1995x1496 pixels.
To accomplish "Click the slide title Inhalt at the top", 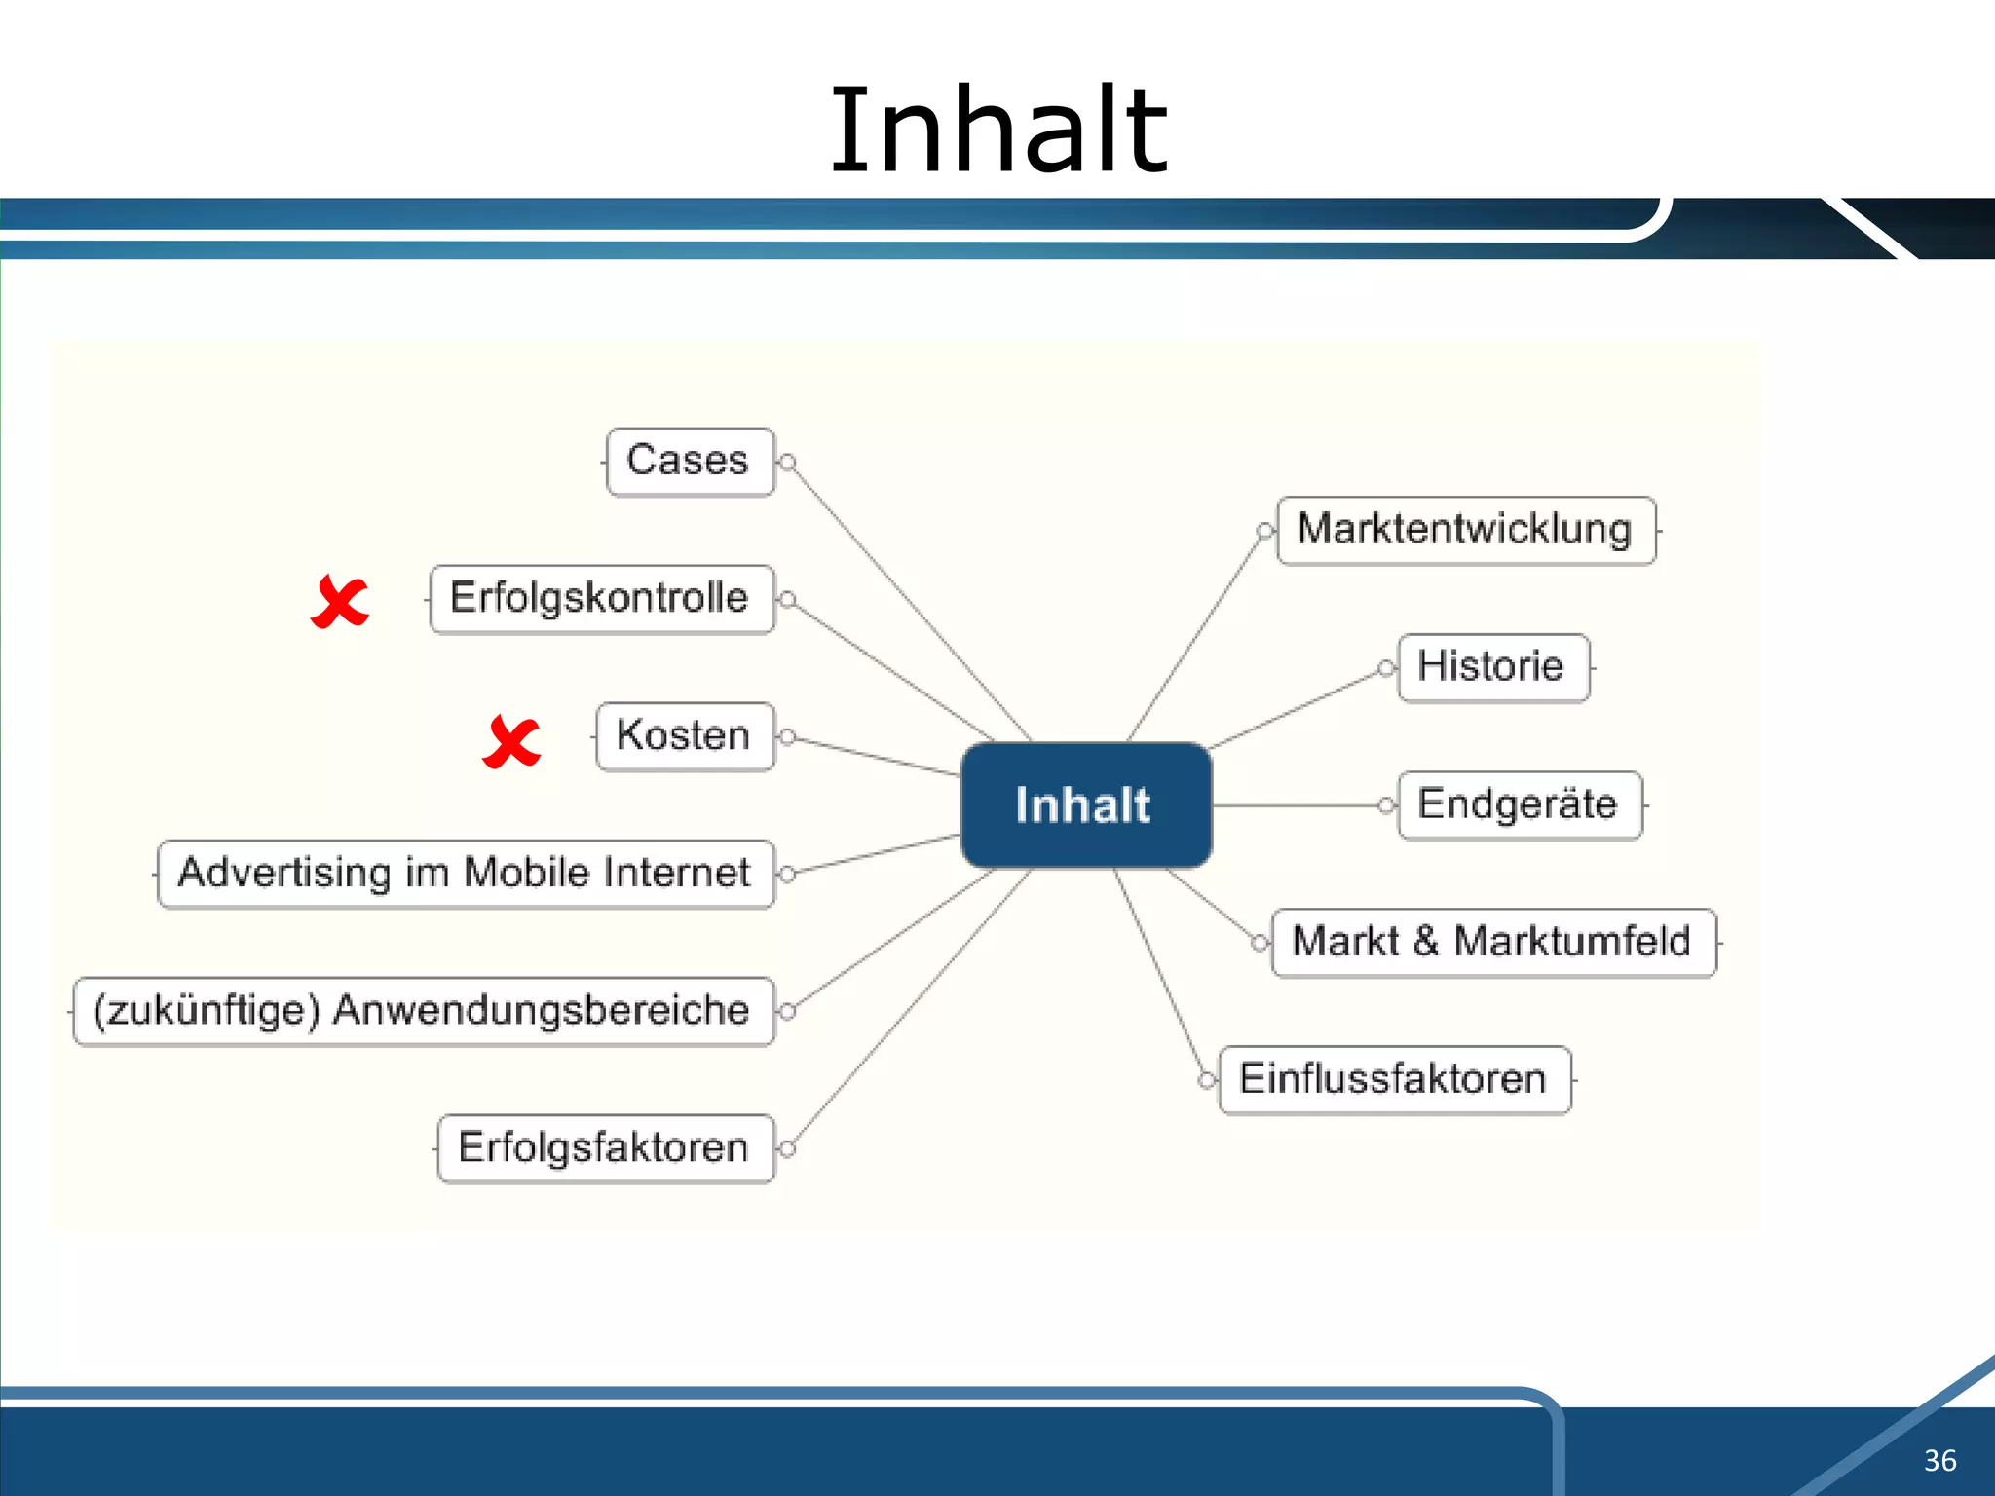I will click(997, 131).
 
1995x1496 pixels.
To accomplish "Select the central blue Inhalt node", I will click(1085, 804).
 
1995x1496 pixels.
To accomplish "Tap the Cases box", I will click(690, 462).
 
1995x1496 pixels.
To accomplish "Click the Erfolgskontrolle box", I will click(601, 599).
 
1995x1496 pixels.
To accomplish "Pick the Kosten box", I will click(685, 736).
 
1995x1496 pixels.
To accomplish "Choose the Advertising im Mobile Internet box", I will click(466, 874).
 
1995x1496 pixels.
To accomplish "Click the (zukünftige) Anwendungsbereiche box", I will click(423, 1011).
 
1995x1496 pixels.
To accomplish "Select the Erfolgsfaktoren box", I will click(605, 1148).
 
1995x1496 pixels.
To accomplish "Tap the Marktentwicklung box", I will click(1465, 531).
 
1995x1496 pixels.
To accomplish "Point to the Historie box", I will click(1492, 668).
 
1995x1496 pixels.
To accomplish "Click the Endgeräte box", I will click(1519, 805).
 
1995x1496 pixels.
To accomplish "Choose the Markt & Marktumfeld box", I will click(1492, 943).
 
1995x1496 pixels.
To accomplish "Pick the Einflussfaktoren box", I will click(1394, 1080).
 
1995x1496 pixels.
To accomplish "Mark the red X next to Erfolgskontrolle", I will click(340, 602).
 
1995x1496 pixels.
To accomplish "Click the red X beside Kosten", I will click(511, 742).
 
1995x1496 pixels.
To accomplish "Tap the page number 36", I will click(1939, 1460).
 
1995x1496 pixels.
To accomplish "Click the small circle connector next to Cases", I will click(788, 462).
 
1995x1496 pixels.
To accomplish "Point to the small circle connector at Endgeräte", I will click(1386, 805).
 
